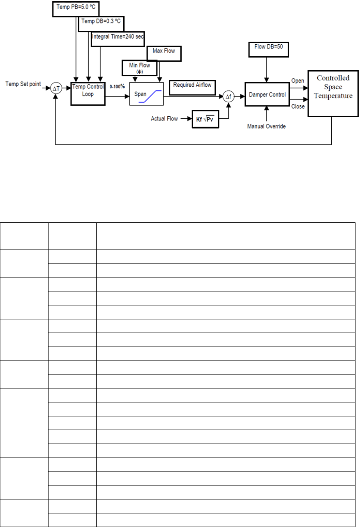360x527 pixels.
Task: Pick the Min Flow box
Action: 139,68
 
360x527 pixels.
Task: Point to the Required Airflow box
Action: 192,86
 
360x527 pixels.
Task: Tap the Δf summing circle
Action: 228,97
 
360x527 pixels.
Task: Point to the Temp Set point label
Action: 23,84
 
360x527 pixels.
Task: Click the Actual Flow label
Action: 164,119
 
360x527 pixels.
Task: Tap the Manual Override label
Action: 266,126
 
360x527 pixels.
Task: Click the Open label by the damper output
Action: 297,81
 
